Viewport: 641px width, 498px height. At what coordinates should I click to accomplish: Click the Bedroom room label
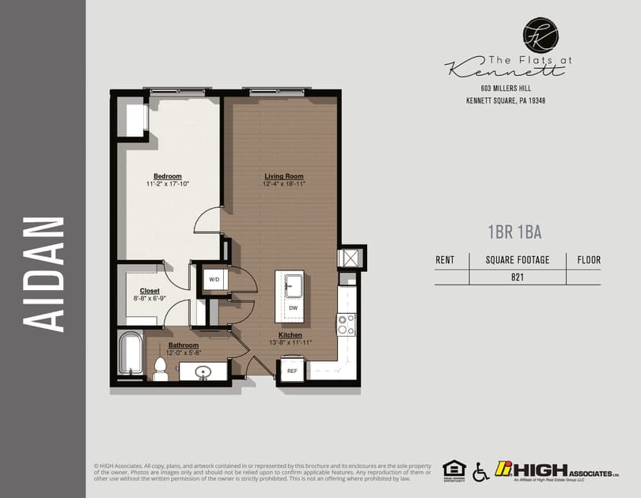[x=167, y=176]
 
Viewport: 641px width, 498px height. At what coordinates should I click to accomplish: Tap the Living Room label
[x=284, y=176]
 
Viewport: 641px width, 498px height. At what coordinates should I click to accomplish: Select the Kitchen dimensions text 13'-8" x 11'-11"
[x=290, y=342]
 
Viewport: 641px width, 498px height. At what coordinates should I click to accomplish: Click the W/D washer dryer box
[x=214, y=280]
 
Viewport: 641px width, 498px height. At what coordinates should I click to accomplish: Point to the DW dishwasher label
[x=293, y=308]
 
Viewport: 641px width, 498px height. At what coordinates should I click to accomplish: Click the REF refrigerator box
[x=292, y=370]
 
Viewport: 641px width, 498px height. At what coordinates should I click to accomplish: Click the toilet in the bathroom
[x=160, y=368]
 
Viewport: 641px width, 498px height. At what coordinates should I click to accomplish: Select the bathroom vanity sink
[x=203, y=372]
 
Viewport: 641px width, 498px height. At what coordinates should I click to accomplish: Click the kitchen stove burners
[x=347, y=324]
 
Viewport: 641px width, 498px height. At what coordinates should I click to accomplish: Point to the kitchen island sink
[x=293, y=283]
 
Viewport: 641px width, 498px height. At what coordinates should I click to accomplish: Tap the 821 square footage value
[x=518, y=277]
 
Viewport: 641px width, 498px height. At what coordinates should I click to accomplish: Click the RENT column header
[x=446, y=259]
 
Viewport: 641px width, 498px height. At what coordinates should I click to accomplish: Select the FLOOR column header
[x=589, y=259]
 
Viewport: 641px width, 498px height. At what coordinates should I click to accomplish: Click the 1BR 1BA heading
[x=514, y=232]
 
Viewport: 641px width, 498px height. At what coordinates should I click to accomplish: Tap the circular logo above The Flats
[x=540, y=36]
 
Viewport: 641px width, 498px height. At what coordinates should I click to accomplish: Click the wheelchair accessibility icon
[x=480, y=472]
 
